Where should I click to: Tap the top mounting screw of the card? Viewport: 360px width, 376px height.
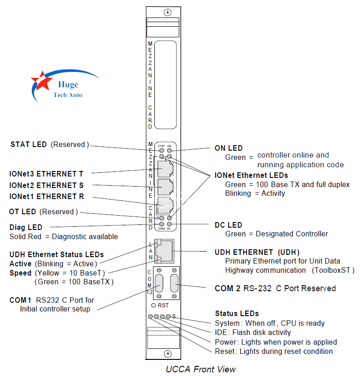coord(168,12)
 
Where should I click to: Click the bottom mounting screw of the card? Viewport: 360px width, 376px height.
coord(168,353)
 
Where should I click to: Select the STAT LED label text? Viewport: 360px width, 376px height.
coord(29,145)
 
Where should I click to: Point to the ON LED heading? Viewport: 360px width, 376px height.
coord(229,148)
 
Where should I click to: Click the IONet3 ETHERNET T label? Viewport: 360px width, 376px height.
coord(47,174)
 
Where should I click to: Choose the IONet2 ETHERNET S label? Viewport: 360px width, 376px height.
coord(47,186)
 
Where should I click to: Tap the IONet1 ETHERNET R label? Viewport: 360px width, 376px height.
coord(47,197)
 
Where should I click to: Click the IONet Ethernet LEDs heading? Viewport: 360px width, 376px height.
coord(251,176)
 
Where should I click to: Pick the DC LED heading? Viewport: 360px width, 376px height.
coord(228,225)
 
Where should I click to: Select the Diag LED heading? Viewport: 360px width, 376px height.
coord(26,227)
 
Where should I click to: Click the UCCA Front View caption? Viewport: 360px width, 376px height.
coord(201,369)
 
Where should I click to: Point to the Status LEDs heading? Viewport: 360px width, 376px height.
coord(237,314)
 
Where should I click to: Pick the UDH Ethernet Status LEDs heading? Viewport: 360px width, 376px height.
coord(56,254)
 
